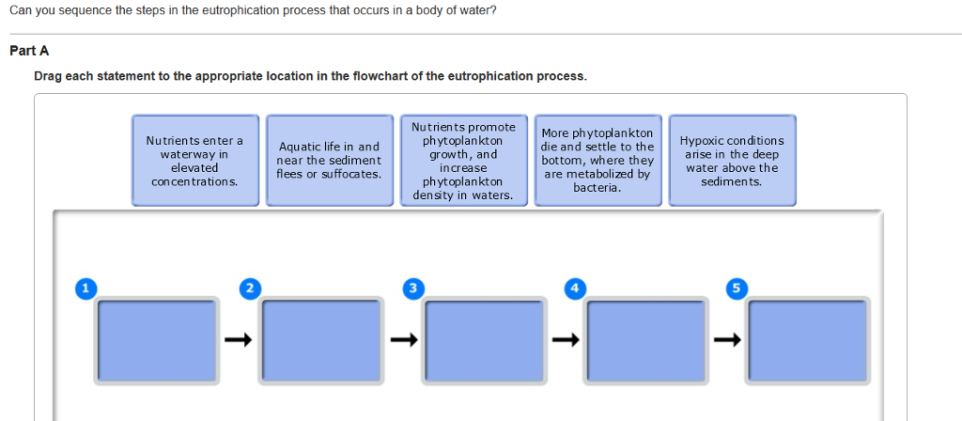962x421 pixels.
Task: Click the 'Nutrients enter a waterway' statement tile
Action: [195, 160]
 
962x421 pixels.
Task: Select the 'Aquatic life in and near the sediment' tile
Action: [330, 160]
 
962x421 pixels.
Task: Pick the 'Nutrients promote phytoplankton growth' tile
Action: [464, 160]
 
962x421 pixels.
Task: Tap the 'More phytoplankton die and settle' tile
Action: [598, 160]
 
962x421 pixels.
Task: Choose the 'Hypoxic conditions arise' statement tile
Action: [733, 160]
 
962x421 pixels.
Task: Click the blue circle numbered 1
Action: [85, 288]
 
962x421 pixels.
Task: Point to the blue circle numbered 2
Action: [250, 288]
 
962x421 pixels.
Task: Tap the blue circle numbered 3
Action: [413, 288]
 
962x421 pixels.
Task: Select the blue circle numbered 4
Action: [575, 288]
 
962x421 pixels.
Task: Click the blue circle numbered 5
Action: [737, 288]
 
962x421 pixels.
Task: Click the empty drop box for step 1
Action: [157, 341]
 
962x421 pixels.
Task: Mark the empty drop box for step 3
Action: [485, 341]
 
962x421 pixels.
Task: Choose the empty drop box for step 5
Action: [808, 341]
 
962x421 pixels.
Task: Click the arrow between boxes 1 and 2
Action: [238, 339]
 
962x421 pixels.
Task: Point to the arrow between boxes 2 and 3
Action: [404, 339]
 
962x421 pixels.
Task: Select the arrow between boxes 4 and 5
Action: [728, 339]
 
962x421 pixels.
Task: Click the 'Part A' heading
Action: [29, 51]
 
